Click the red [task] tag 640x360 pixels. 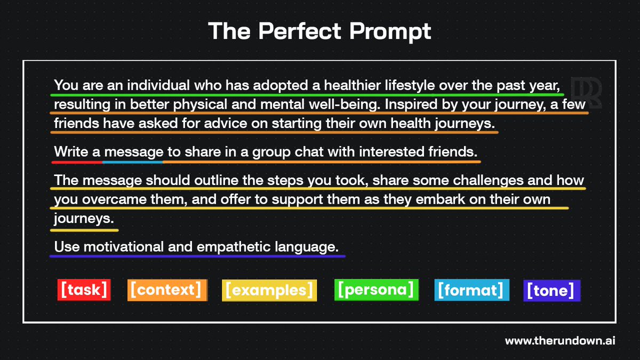point(84,290)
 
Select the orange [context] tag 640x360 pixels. point(167,290)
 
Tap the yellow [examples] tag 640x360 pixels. point(269,290)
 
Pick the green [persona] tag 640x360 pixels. point(376,290)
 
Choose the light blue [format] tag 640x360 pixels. point(471,290)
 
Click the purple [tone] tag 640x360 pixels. point(551,291)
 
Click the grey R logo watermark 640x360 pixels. point(586,93)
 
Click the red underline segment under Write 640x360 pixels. point(76,162)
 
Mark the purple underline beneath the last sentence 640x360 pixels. point(197,257)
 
